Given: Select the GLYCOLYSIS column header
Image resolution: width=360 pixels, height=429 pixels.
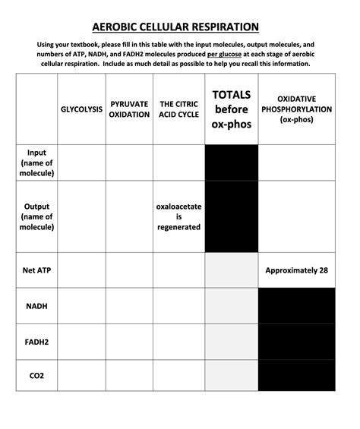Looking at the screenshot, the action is tap(81, 109).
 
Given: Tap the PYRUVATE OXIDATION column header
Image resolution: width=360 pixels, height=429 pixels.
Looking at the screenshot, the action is tap(129, 109).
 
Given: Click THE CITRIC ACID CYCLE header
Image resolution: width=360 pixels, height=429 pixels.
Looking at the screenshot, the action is tap(178, 109).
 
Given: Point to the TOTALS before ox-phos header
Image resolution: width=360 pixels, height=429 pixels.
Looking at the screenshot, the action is tap(232, 109).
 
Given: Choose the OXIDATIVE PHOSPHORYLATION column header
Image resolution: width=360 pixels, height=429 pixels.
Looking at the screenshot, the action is tap(297, 109).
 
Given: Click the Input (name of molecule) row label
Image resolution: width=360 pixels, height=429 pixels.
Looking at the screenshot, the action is tap(36, 162).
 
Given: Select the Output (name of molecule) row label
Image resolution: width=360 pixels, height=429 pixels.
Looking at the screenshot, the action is tap(36, 216).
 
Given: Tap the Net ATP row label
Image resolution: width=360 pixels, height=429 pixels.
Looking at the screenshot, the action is tap(36, 270).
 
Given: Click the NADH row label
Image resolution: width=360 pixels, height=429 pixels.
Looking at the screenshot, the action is tap(36, 306).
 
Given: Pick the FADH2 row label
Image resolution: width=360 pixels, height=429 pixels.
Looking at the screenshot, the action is tap(36, 342).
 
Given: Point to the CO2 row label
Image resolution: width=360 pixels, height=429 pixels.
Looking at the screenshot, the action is tap(36, 375).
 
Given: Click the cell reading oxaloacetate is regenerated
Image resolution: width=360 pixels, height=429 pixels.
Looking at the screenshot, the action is tap(178, 216).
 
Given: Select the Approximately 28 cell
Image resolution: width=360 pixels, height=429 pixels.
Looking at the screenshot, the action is tap(297, 270).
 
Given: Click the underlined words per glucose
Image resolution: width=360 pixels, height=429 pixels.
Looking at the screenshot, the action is tap(224, 55).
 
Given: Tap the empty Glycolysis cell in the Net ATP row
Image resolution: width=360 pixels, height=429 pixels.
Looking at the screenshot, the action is tap(81, 270).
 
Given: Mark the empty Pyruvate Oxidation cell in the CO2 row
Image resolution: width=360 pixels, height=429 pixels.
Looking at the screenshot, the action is tap(129, 375).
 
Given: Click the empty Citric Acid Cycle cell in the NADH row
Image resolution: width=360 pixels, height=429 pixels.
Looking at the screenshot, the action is tap(178, 306).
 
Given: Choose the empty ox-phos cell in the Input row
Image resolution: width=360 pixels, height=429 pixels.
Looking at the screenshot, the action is tap(297, 162).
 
